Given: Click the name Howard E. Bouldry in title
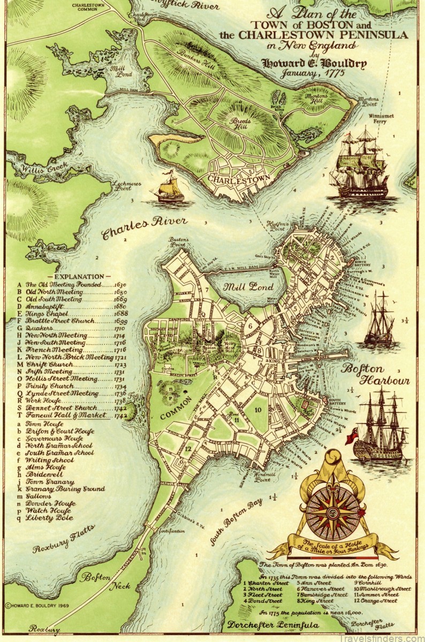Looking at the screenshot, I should [x=314, y=64].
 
